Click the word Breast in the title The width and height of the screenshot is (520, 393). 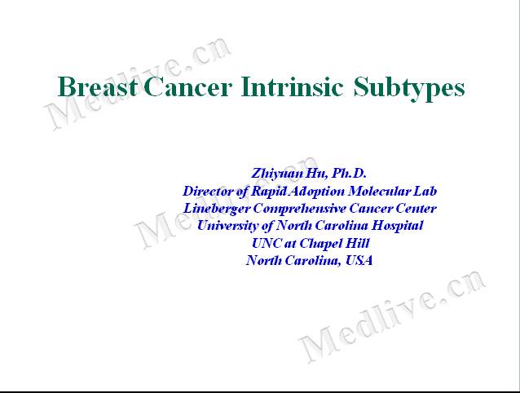click(x=98, y=86)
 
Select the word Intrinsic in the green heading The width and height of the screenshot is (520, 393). click(x=292, y=86)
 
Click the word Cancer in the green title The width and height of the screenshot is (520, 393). click(x=187, y=86)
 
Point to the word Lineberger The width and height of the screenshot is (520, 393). click(x=217, y=209)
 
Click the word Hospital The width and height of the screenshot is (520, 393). click(x=397, y=226)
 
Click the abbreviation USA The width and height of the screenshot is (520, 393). click(x=359, y=260)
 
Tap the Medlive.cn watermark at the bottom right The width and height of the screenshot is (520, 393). click(x=392, y=316)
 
